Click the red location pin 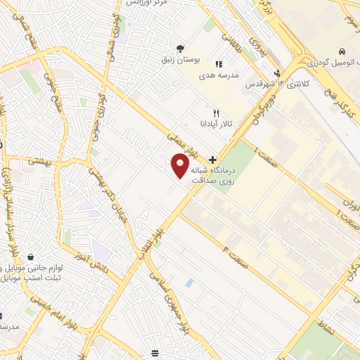pos(180,166)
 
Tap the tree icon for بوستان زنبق pos(181,49)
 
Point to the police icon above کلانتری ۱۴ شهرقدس pos(278,72)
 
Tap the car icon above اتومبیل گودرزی pos(341,52)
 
